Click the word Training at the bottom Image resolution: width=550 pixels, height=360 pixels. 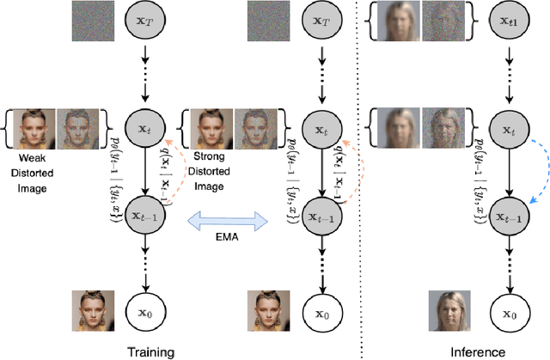[150, 351]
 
